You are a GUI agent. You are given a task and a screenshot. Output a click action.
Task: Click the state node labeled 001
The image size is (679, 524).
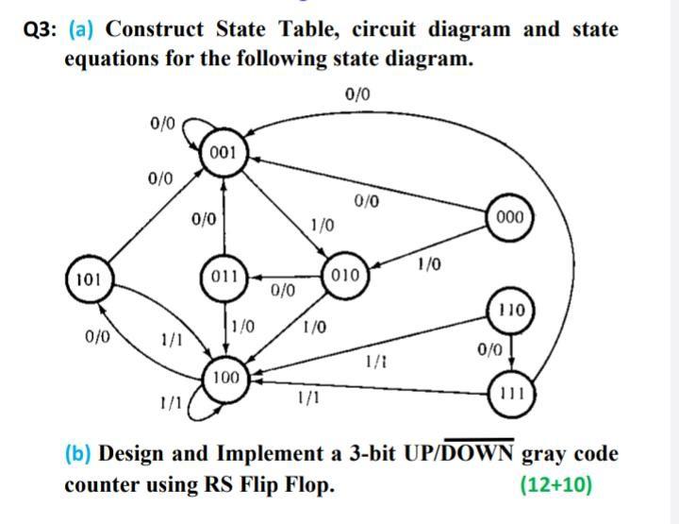click(x=224, y=153)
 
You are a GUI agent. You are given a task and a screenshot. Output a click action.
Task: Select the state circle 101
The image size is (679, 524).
click(x=88, y=279)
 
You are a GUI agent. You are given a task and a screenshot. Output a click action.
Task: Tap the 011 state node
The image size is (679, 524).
click(x=224, y=279)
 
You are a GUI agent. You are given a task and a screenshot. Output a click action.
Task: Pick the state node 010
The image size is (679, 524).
click(x=345, y=276)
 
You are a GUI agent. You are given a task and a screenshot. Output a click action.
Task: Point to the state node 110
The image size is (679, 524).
click(x=514, y=310)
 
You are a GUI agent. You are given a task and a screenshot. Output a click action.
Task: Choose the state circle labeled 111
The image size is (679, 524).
click(x=514, y=392)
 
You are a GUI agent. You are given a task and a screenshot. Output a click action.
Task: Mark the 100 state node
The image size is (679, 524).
click(x=224, y=379)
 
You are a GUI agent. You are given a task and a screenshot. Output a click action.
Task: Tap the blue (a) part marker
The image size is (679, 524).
click(x=81, y=29)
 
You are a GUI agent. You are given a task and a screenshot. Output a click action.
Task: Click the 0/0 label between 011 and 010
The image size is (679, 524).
click(x=283, y=290)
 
